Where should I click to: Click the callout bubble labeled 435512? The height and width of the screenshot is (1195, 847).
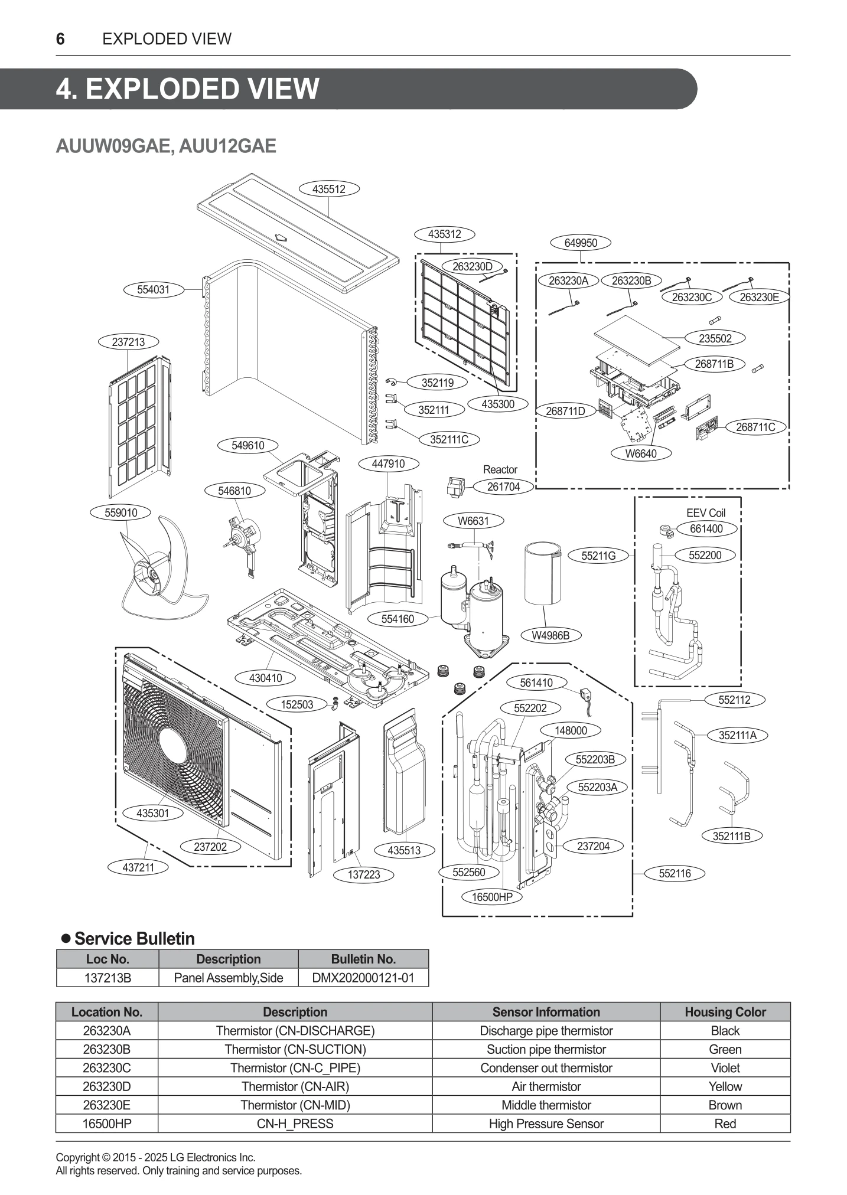click(x=329, y=189)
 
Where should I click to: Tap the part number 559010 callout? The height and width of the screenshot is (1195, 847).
click(x=121, y=512)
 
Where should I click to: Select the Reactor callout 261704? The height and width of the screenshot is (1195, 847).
click(x=503, y=487)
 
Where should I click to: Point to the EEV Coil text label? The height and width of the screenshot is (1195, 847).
click(x=706, y=513)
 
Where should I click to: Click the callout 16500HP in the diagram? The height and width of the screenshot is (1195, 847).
click(x=492, y=897)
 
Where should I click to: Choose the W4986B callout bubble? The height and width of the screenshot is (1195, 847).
click(x=550, y=635)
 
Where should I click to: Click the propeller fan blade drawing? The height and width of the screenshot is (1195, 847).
click(x=159, y=567)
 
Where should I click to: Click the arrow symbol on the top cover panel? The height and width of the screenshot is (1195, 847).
click(x=282, y=239)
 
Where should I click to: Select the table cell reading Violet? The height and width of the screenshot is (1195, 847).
click(x=725, y=1067)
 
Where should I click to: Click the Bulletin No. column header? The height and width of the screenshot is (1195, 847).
click(x=363, y=959)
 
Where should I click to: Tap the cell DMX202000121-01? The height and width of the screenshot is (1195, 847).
click(x=363, y=978)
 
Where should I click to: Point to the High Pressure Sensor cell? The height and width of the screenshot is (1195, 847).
click(x=546, y=1124)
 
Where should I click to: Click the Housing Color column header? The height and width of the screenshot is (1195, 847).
click(x=725, y=1012)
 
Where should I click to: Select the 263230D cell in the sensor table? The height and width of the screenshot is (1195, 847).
click(x=107, y=1086)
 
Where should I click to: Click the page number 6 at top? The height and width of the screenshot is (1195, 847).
click(x=60, y=39)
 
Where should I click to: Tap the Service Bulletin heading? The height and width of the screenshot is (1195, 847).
click(x=134, y=939)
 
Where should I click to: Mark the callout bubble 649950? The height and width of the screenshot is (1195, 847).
click(x=581, y=243)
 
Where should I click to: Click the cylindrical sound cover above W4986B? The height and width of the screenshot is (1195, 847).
click(x=542, y=574)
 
